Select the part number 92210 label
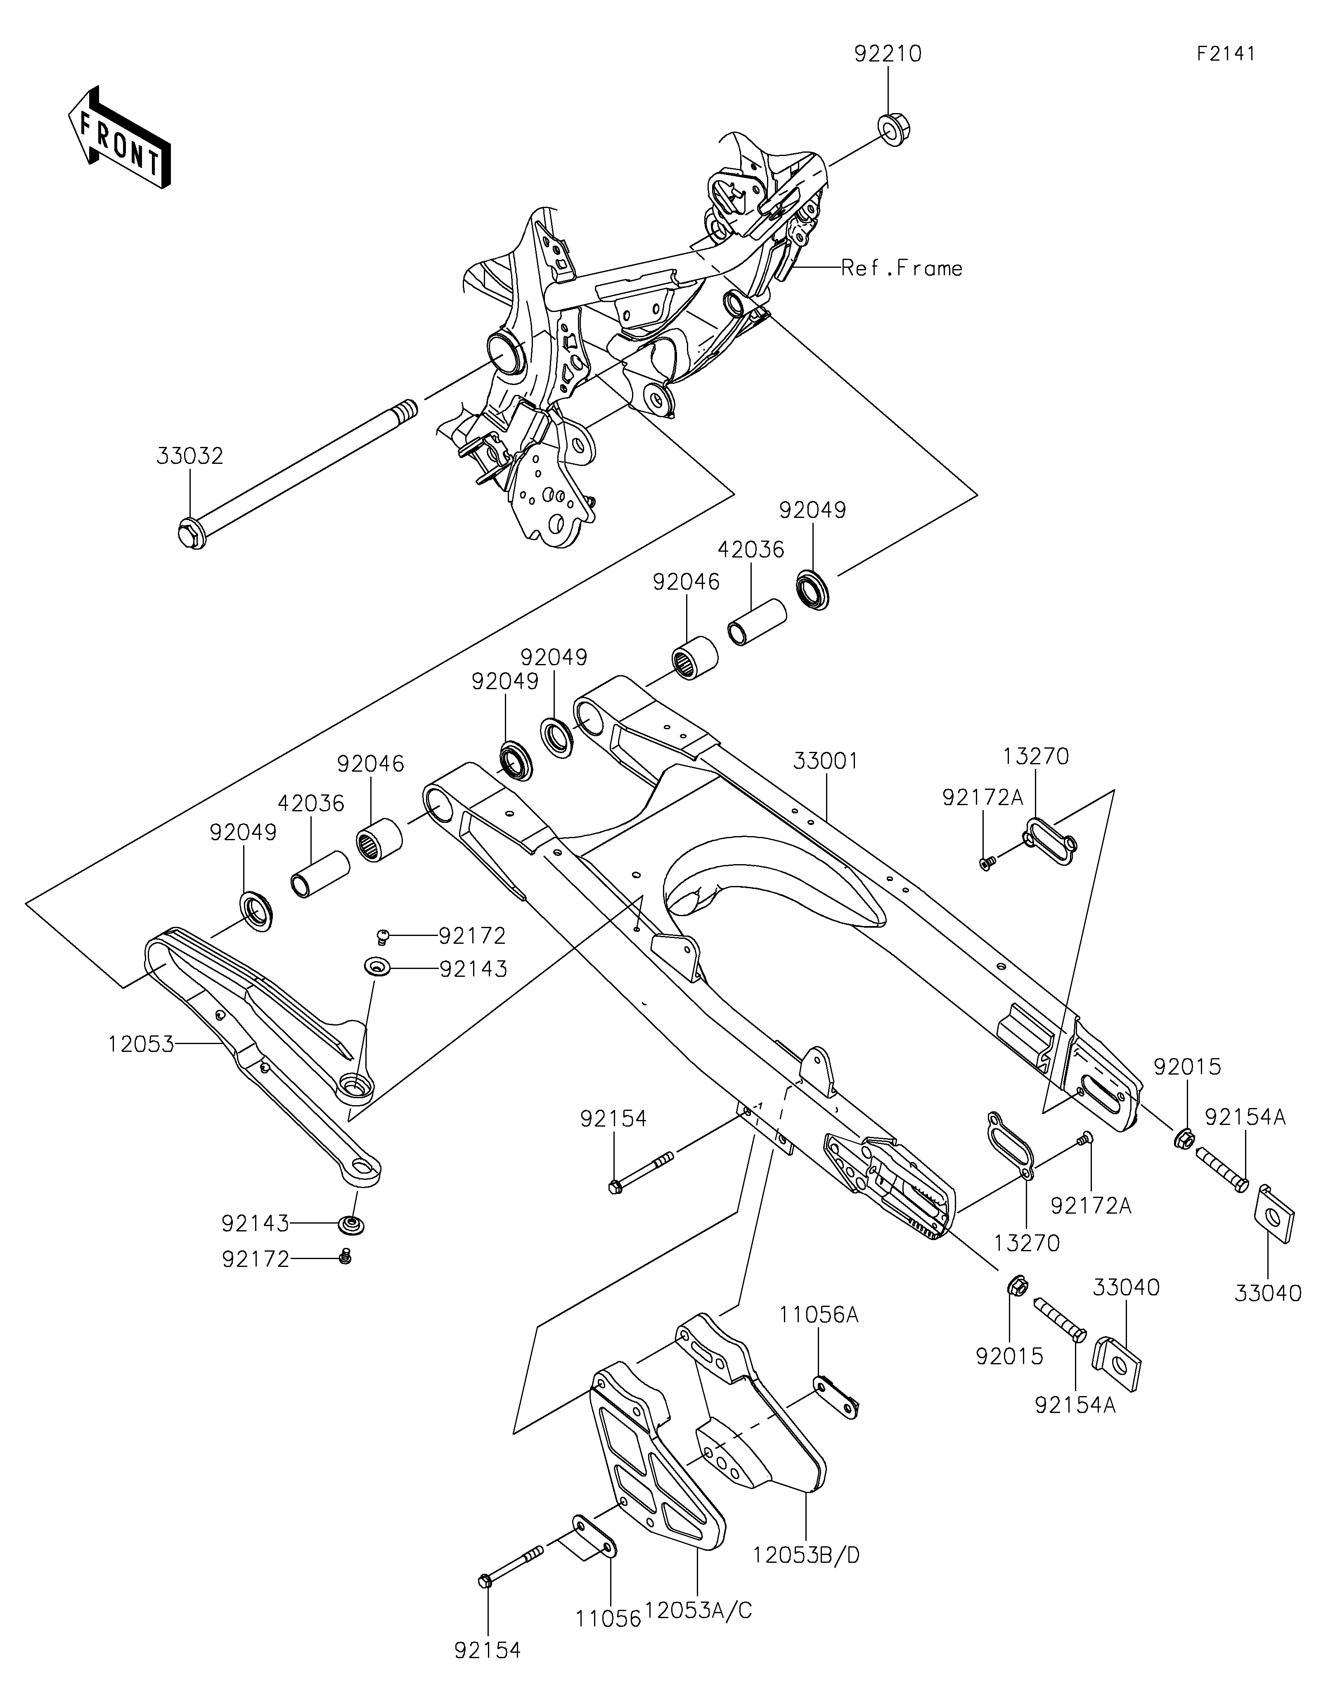point(888,54)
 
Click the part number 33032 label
point(190,456)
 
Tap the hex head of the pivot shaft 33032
point(191,536)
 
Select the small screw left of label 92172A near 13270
point(987,863)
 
